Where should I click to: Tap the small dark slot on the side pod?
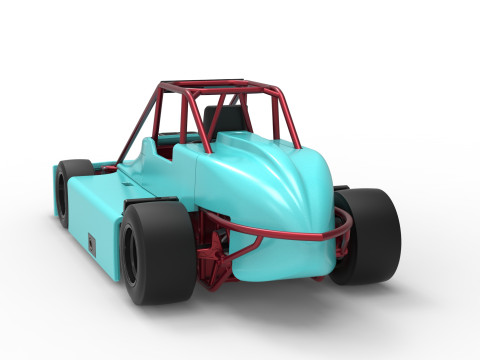pos(91,243)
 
